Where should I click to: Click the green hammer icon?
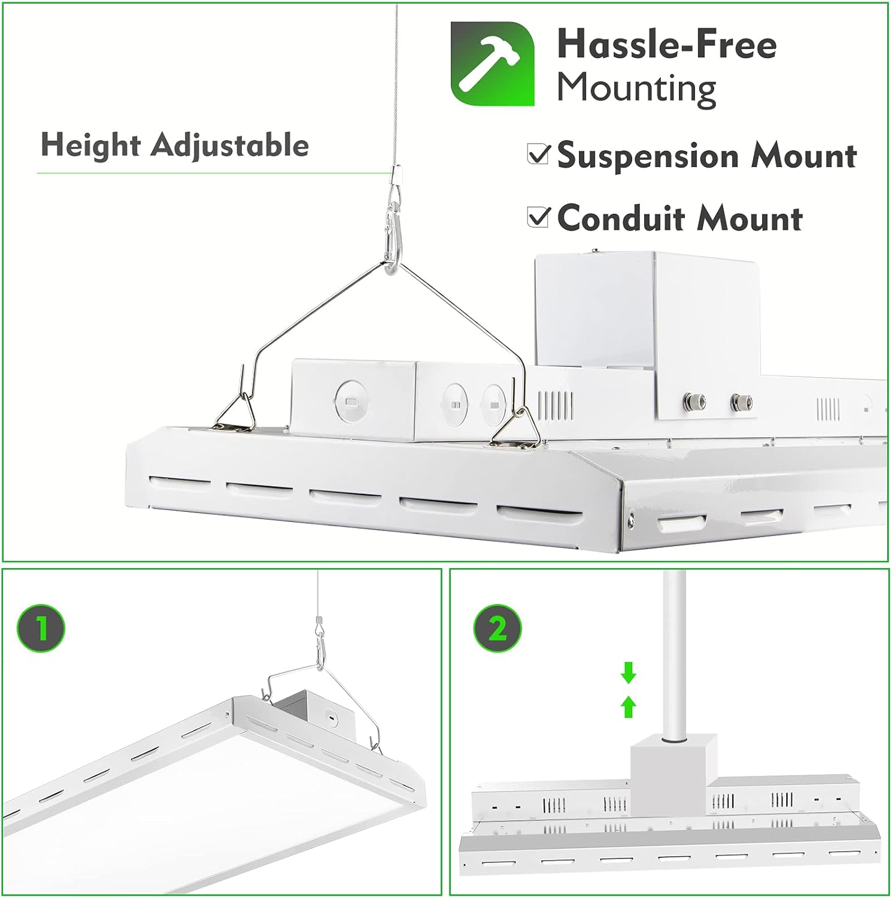coord(492,63)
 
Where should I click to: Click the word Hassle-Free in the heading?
coord(666,45)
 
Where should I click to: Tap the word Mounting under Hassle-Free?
coord(636,89)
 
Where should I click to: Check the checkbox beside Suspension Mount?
coord(538,154)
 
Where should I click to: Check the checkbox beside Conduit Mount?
coord(538,216)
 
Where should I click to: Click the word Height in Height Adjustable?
coord(90,145)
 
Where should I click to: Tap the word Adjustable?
coord(230,145)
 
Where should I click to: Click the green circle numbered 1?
coord(41,629)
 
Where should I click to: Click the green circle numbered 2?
coord(497,629)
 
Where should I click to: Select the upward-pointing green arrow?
coord(628,707)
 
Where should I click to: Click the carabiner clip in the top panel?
coord(392,236)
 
